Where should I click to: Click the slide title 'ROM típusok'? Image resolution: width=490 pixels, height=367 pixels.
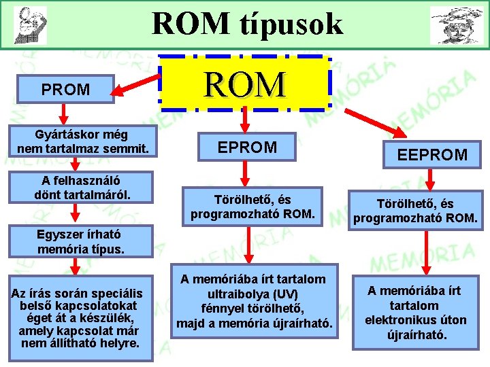[x=248, y=24]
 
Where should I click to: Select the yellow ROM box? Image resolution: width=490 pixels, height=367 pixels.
[x=246, y=83]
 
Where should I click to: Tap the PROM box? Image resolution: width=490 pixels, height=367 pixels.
[x=65, y=89]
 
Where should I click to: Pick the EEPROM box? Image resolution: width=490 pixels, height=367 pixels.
[x=433, y=154]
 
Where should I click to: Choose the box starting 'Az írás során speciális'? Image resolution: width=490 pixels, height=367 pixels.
[x=80, y=317]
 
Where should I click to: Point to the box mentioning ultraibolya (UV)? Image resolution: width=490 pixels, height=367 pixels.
[x=255, y=300]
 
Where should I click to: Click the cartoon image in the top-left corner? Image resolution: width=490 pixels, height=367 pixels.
[x=30, y=24]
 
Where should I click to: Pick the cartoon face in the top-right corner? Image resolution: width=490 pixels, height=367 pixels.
[x=457, y=25]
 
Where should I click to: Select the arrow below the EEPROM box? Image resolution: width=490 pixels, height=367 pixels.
[x=431, y=180]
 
